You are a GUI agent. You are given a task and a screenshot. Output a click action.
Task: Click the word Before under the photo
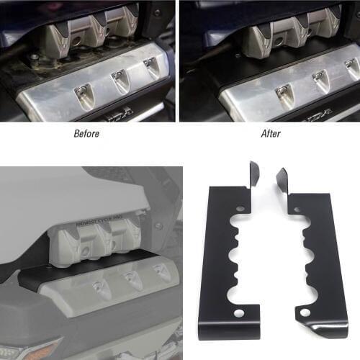point(87,134)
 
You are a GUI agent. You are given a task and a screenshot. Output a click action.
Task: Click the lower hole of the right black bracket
point(305,312)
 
